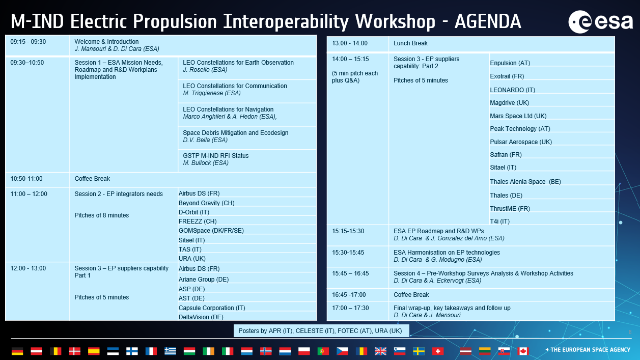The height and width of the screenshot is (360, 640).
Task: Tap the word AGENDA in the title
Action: (488, 22)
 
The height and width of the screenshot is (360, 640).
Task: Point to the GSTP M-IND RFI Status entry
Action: (216, 159)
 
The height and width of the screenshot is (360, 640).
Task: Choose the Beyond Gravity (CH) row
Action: (206, 203)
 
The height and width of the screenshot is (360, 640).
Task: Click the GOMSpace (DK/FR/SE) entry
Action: (211, 231)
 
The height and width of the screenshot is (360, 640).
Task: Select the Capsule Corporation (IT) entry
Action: (212, 308)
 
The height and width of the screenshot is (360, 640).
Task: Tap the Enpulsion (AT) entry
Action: (510, 63)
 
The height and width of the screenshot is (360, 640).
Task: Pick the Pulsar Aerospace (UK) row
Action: (521, 142)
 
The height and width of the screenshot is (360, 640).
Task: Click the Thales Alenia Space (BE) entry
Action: (525, 182)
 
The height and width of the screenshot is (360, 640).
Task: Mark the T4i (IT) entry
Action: (499, 221)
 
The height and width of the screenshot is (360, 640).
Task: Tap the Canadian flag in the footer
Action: (523, 351)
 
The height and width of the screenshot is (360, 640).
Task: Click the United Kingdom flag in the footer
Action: (380, 351)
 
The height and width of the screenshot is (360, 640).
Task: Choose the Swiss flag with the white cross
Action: (438, 351)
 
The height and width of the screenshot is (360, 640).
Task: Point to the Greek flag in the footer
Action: (170, 351)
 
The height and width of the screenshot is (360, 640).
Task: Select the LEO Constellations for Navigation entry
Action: (230, 113)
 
